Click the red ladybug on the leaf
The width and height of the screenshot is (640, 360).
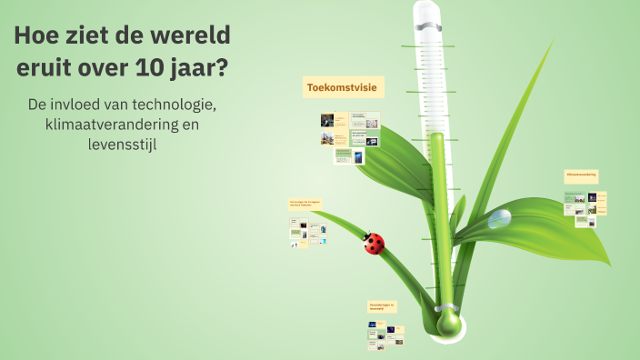pyautogui.click(x=374, y=243)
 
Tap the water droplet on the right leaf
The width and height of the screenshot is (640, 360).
pyautogui.click(x=499, y=219)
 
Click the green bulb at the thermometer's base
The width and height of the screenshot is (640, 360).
pyautogui.click(x=449, y=322)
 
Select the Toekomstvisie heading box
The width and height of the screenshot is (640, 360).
pyautogui.click(x=344, y=87)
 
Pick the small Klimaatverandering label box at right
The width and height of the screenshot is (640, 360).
pyautogui.click(x=581, y=175)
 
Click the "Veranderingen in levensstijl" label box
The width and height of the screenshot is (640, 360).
pyautogui.click(x=382, y=306)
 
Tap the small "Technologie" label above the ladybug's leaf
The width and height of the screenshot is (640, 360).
pyautogui.click(x=305, y=204)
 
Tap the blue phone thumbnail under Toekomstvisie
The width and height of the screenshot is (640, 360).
pyautogui.click(x=358, y=157)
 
